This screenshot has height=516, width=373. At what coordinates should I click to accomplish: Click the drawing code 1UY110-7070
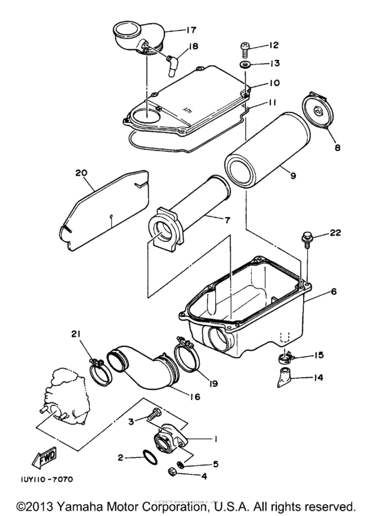coord(42,479)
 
